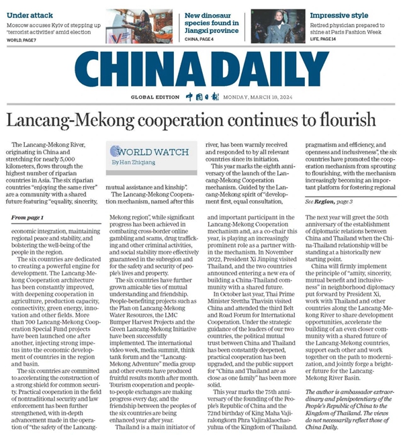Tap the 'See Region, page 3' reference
(314, 201)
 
